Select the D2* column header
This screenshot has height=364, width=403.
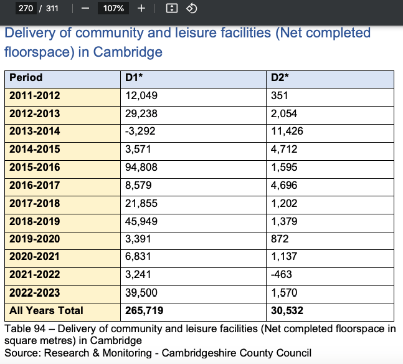click(280, 78)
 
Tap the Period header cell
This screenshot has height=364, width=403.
click(26, 78)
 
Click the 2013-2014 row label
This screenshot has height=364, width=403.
click(35, 132)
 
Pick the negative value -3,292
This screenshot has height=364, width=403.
click(140, 132)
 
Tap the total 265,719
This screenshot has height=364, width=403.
click(144, 310)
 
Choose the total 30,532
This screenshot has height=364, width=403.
click(287, 310)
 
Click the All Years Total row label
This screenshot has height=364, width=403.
click(46, 310)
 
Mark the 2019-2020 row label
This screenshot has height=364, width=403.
click(35, 239)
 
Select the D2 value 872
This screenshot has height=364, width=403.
click(280, 239)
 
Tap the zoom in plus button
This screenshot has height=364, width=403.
click(141, 9)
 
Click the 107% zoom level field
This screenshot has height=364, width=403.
click(113, 9)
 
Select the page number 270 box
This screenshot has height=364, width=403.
click(26, 9)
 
